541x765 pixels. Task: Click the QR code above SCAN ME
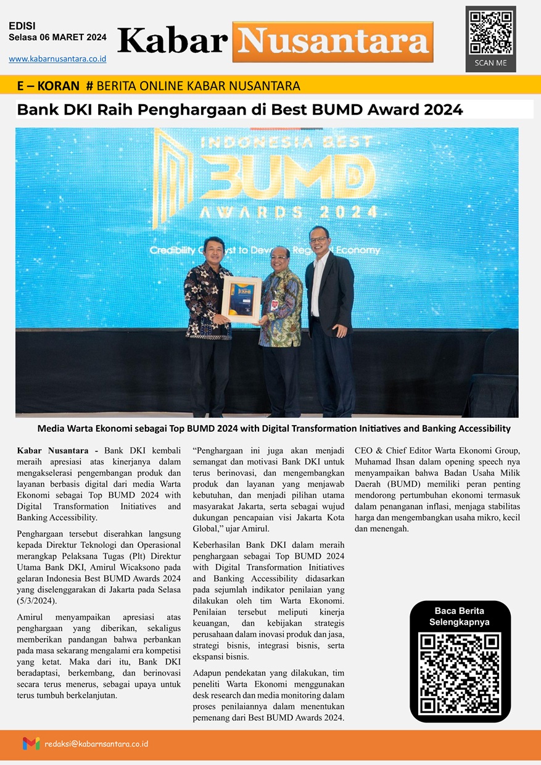point(490,32)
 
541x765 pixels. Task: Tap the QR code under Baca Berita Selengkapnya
point(460,674)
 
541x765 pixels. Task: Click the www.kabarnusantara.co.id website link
point(57,59)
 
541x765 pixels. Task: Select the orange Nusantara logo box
point(332,42)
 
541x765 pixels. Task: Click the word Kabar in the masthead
point(172,41)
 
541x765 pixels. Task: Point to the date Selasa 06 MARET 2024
point(57,38)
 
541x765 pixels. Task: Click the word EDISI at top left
point(22,26)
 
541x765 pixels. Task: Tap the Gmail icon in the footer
point(31,743)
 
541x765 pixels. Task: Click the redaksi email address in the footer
point(96,744)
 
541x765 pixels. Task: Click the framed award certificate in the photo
point(242,299)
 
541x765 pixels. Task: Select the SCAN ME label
point(490,63)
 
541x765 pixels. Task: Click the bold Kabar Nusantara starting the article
point(53,451)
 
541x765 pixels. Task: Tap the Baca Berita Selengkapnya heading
point(460,616)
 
